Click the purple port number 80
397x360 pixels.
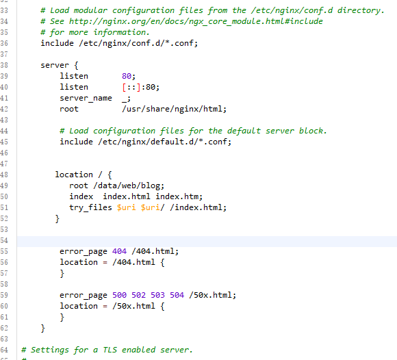point(127,76)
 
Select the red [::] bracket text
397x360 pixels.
point(131,87)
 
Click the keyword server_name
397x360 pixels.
point(86,99)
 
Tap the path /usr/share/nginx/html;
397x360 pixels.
point(174,109)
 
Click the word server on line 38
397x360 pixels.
point(55,65)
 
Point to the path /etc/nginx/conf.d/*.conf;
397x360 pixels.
point(138,43)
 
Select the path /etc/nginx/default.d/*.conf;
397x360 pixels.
point(164,142)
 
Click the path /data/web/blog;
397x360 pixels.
point(129,185)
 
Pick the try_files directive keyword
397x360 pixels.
point(90,207)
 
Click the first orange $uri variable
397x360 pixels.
point(126,207)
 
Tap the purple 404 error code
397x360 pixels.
point(119,251)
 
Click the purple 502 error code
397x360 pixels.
point(138,295)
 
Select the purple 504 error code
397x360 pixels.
point(177,295)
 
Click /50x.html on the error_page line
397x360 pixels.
point(213,295)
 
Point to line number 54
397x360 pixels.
point(4,240)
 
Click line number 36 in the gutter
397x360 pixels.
point(4,43)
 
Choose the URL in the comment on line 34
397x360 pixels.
point(196,21)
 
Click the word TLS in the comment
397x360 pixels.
point(110,350)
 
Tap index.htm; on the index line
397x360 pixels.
point(179,196)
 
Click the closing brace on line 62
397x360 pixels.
point(43,329)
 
